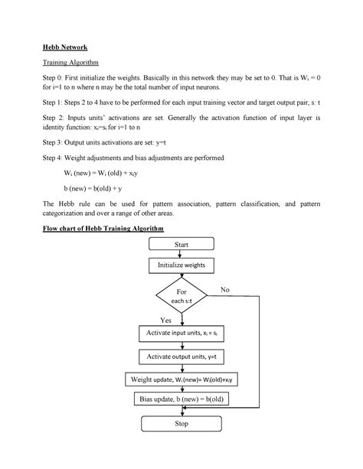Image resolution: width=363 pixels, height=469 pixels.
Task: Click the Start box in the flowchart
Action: click(181, 245)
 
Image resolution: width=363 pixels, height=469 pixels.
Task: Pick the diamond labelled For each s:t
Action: click(181, 297)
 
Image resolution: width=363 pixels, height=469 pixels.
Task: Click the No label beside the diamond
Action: click(224, 291)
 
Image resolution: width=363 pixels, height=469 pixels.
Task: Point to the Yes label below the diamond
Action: click(165, 320)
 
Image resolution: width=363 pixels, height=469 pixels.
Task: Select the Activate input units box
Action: click(181, 334)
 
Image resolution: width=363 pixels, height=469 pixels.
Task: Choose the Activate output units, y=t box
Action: click(181, 357)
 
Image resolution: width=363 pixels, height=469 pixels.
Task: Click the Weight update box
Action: click(181, 379)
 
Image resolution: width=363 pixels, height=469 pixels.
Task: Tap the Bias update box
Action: click(181, 399)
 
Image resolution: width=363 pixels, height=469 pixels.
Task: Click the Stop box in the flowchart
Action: click(181, 422)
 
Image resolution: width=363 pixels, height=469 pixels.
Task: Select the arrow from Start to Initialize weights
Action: click(181, 256)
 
